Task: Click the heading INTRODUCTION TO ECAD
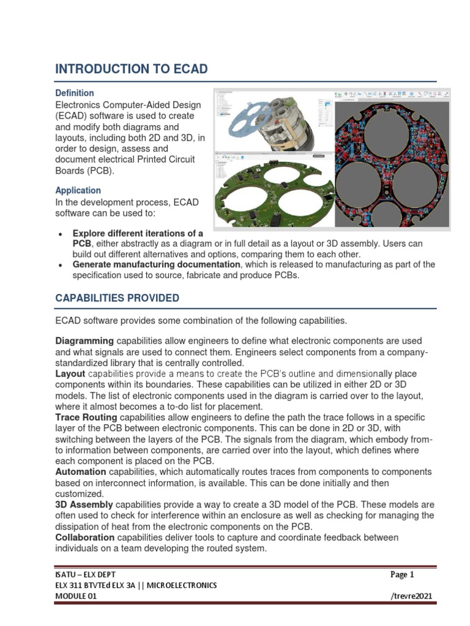(x=131, y=70)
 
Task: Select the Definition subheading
(x=75, y=93)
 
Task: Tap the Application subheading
(x=78, y=190)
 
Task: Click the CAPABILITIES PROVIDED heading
(x=117, y=298)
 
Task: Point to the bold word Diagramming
(x=84, y=341)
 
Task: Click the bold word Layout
(x=70, y=373)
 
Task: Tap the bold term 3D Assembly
(x=84, y=505)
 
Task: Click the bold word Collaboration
(x=84, y=537)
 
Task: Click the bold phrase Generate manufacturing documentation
(x=156, y=265)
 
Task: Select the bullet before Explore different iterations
(x=59, y=234)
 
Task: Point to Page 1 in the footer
(x=402, y=575)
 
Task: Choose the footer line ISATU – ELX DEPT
(x=85, y=575)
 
